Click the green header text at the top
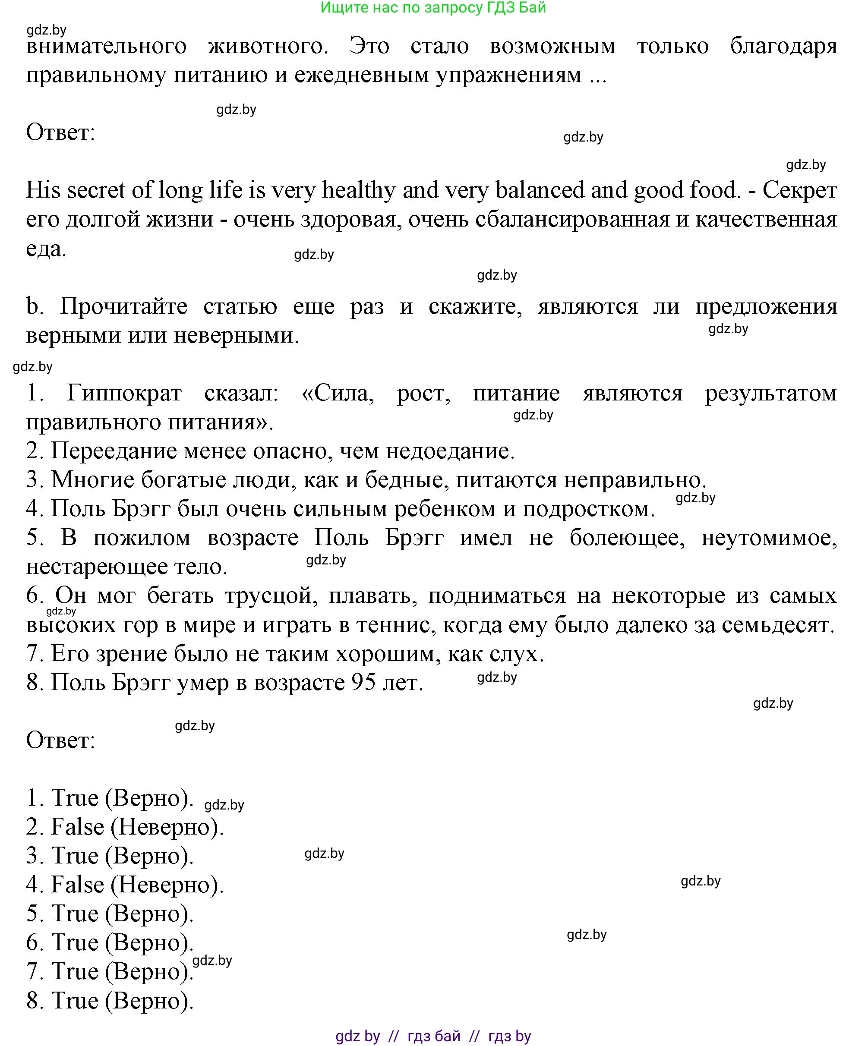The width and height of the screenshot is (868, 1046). [x=433, y=8]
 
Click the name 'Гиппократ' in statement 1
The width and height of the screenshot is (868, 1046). [x=125, y=394]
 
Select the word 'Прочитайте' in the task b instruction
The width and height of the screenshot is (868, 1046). [x=123, y=307]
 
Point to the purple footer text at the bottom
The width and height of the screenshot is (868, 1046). [x=433, y=1036]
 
